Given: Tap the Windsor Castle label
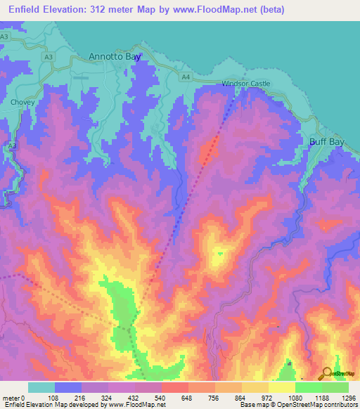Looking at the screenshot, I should pyautogui.click(x=246, y=84).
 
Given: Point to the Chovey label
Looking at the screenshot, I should pyautogui.click(x=22, y=102).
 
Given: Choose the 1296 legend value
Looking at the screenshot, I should pyautogui.click(x=348, y=397).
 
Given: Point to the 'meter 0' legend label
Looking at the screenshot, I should pyautogui.click(x=14, y=397).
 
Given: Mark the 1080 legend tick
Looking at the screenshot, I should pyautogui.click(x=295, y=397).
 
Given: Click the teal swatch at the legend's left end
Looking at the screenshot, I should pyautogui.click(x=41, y=387).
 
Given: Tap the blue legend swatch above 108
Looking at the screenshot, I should pyautogui.click(x=68, y=387).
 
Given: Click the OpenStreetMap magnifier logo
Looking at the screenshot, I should pyautogui.click(x=327, y=374).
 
